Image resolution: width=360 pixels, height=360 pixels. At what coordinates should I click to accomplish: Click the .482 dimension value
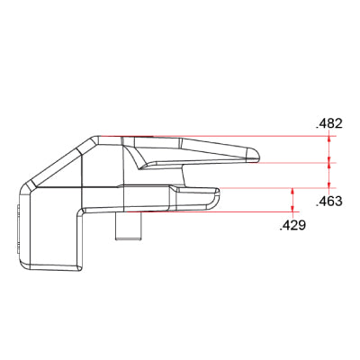(x=329, y=123)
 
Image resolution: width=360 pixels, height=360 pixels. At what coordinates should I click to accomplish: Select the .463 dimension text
(x=329, y=202)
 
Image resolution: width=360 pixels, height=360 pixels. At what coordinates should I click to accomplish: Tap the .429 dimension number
(x=292, y=225)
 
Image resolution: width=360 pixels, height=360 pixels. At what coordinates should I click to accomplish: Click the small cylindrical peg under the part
(x=129, y=226)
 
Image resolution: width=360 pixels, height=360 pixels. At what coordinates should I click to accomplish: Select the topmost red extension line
(x=218, y=136)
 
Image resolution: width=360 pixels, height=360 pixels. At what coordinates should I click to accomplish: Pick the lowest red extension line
(x=213, y=211)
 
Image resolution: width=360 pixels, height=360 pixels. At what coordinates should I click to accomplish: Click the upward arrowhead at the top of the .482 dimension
(x=329, y=139)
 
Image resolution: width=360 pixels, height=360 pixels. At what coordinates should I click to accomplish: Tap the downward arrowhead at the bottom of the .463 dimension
(x=329, y=185)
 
